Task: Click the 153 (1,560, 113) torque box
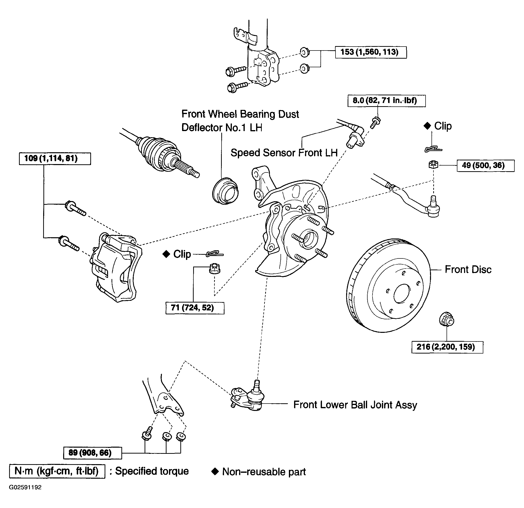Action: [371, 52]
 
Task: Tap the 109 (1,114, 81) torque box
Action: [55, 159]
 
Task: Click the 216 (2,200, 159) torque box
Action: [447, 347]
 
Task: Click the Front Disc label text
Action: [468, 269]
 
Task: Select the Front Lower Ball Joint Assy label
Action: [355, 405]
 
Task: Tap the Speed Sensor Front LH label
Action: [284, 153]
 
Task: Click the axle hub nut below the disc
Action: [447, 319]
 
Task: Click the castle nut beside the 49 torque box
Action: [433, 164]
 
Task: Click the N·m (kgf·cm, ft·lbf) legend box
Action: [57, 471]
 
